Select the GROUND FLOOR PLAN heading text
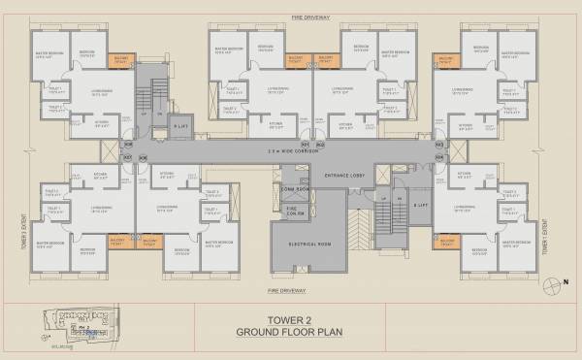[x=291, y=331]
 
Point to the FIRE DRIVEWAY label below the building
[x=291, y=289]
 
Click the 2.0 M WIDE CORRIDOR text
[x=291, y=153]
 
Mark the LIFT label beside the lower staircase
[x=421, y=207]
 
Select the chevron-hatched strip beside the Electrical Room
[x=358, y=234]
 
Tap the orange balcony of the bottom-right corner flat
[x=447, y=240]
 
